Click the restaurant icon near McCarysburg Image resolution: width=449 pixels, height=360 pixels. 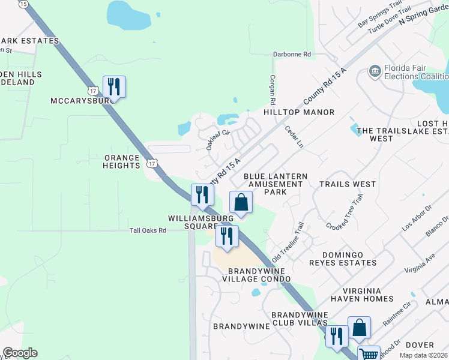pos(114,86)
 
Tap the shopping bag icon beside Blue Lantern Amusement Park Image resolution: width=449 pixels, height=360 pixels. pos(241,202)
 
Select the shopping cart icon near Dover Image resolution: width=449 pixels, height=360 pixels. pos(369,354)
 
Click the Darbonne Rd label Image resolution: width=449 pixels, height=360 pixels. pos(292,54)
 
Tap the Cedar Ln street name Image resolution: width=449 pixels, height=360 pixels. pos(294,136)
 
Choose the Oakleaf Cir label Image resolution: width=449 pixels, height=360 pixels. pos(218,139)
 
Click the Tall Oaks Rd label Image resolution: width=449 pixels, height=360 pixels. pos(148,230)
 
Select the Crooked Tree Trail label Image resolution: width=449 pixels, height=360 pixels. pos(345,213)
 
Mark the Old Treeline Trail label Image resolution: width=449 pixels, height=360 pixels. pos(288,242)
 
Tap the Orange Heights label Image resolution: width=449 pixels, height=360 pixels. pos(122,161)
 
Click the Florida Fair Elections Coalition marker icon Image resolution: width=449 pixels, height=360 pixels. pos(375,71)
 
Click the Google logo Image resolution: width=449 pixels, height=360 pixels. pos(20,353)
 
